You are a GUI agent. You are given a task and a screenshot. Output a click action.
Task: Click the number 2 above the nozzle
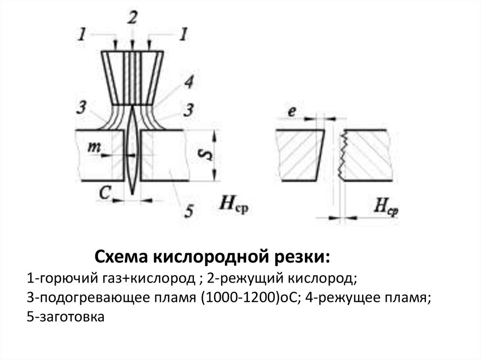tap(132, 19)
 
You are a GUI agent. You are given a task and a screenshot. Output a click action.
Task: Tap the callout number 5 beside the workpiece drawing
tap(188, 211)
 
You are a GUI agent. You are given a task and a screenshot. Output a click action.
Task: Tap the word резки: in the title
tap(302, 257)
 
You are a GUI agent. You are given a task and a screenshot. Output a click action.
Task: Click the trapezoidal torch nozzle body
tap(132, 77)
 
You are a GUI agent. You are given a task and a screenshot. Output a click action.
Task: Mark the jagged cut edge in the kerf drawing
tap(341, 155)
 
